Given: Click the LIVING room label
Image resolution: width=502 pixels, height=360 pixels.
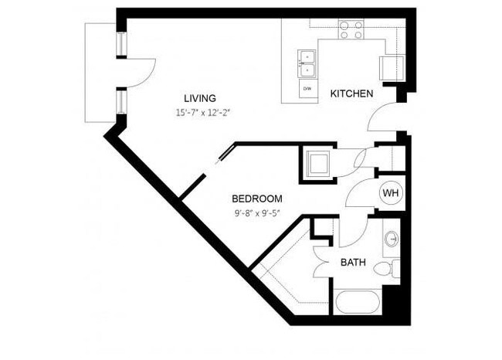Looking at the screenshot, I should (199, 98).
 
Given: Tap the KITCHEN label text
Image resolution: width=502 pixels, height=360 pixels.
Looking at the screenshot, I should (351, 93).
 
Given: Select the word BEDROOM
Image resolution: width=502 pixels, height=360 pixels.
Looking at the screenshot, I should (256, 199).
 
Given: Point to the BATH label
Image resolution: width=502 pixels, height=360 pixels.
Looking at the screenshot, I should (353, 263).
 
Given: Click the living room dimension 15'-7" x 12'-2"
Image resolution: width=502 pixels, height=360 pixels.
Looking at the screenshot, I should (203, 113).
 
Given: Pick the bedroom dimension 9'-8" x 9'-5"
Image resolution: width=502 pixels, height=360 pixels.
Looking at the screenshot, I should (256, 213).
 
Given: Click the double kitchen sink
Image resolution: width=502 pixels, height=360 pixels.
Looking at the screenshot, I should (307, 64).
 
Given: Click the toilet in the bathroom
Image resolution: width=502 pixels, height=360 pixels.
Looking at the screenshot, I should (385, 269).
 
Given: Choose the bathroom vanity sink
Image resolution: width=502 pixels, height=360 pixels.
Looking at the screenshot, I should (392, 239).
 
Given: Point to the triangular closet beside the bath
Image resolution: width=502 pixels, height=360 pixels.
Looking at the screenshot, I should (286, 267).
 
